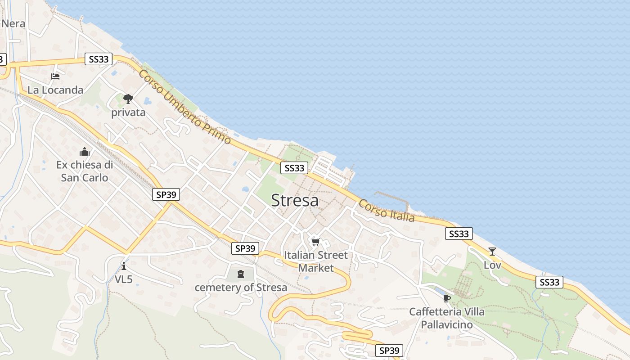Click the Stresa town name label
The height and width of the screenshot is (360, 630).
295,201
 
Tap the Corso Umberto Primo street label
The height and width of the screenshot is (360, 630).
184,107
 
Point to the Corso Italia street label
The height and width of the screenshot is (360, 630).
386,211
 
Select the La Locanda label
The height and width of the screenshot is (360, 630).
55,90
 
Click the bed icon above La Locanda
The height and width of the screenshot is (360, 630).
55,76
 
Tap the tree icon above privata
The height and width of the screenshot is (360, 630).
128,99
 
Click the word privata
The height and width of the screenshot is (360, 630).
128,112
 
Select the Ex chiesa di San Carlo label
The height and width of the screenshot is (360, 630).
85,171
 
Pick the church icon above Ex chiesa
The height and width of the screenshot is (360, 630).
85,152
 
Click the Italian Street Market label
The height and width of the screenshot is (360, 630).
316,261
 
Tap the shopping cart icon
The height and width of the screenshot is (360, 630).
316,242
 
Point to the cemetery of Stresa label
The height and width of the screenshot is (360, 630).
241,288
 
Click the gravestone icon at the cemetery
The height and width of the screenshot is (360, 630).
241,273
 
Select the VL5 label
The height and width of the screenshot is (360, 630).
124,279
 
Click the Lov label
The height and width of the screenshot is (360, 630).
492,265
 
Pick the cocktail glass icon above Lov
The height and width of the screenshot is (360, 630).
492,252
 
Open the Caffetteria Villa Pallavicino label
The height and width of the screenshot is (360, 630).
447,318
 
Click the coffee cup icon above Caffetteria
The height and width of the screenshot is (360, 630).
447,298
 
